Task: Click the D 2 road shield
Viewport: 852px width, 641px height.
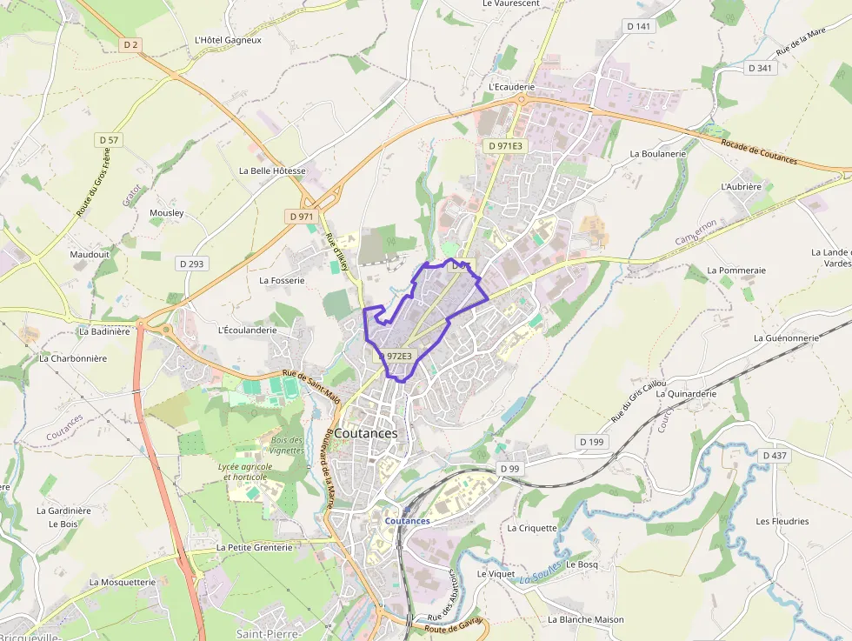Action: coord(130,44)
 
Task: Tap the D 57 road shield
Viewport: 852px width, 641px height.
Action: coord(109,139)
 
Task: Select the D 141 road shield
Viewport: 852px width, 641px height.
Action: coord(638,27)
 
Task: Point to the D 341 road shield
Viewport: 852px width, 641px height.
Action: coord(759,68)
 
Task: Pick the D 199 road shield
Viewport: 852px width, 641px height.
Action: coord(591,442)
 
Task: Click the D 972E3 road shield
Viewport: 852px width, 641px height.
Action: coord(394,356)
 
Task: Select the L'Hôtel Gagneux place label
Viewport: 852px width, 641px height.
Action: coord(228,40)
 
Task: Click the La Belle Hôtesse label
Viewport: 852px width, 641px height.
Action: coord(272,171)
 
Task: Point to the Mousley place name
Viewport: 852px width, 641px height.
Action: coord(167,213)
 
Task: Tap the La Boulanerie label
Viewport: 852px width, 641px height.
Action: coord(657,154)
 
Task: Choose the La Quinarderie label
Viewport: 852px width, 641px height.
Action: coord(686,393)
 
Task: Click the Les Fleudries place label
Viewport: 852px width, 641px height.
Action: coord(782,522)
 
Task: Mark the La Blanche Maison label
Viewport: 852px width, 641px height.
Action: coord(585,620)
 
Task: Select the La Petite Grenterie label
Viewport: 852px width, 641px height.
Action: coord(254,548)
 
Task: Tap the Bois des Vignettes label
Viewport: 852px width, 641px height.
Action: coord(287,445)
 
